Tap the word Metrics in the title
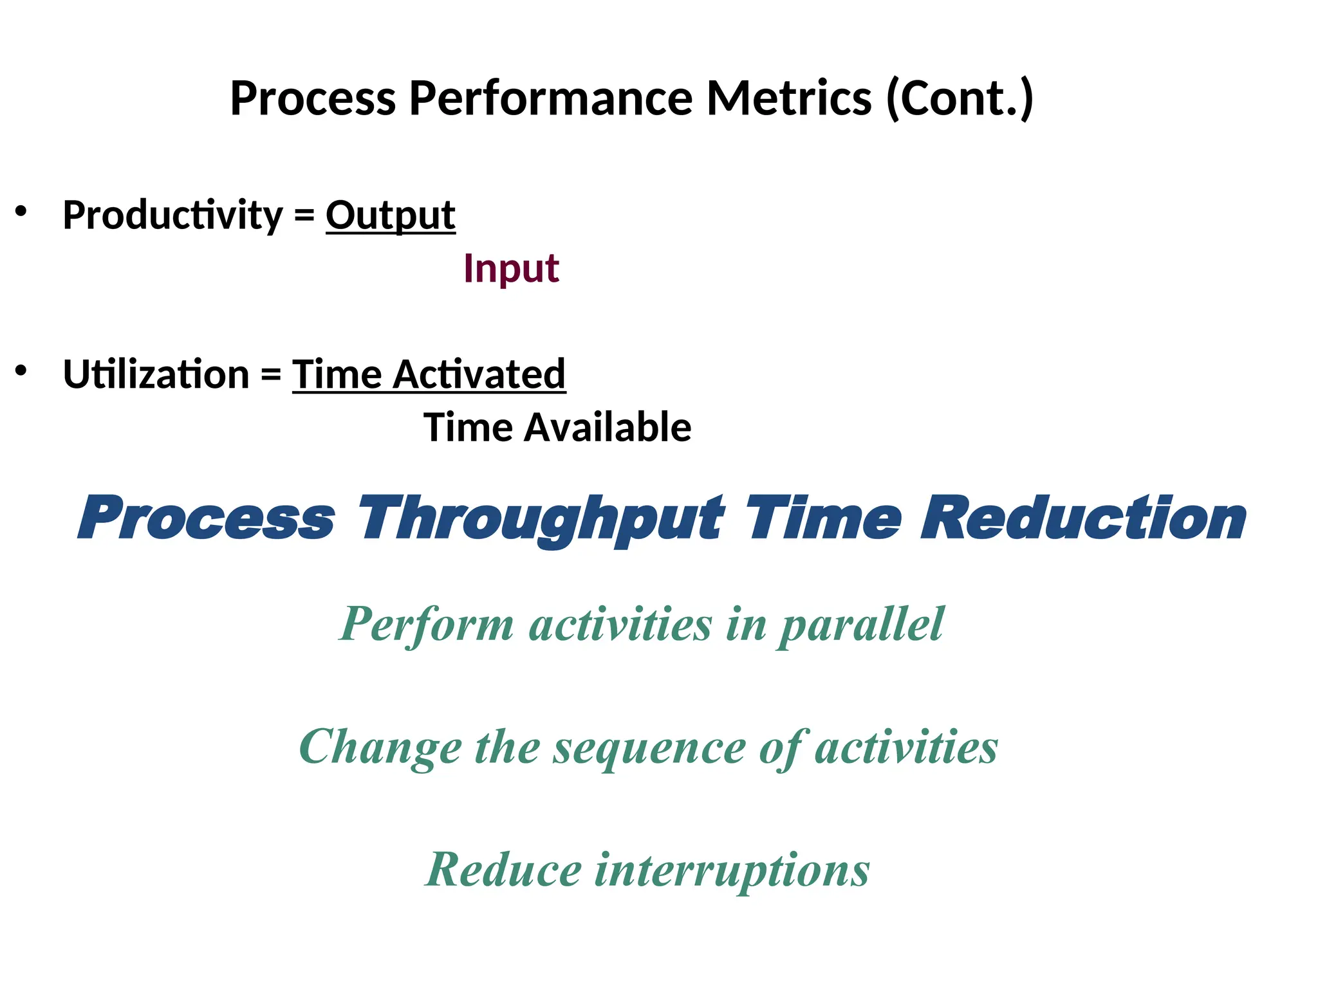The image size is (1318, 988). click(789, 98)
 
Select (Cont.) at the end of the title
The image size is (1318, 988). click(960, 98)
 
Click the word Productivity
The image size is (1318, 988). click(172, 215)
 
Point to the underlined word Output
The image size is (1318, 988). click(391, 215)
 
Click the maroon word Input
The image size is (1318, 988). click(511, 268)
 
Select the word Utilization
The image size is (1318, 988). click(156, 374)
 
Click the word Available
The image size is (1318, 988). click(608, 428)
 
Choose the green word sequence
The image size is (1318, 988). click(649, 748)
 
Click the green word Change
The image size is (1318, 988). click(380, 748)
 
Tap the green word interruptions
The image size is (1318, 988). click(732, 870)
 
